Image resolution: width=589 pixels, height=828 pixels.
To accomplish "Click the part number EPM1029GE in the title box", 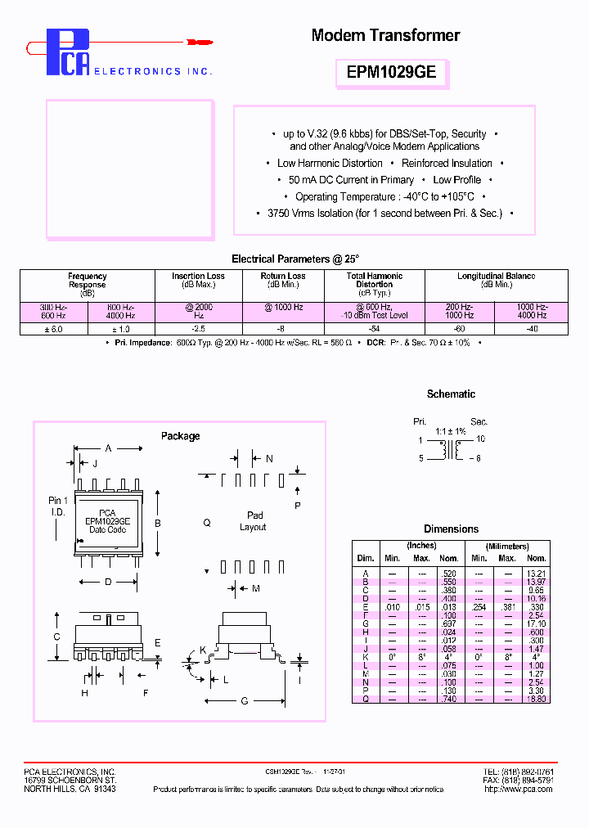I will coord(391,72).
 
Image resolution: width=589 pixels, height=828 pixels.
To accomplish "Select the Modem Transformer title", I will coord(385,35).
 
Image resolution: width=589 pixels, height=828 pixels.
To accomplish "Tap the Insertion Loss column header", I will coord(198,280).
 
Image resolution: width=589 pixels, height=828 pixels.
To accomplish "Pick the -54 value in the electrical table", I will coord(374,328).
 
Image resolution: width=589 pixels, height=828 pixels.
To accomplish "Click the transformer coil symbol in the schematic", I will coord(450,449).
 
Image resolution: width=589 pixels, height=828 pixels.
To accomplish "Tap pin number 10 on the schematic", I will coord(481,439).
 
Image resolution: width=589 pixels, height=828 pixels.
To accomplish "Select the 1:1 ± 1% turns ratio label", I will coord(450,430).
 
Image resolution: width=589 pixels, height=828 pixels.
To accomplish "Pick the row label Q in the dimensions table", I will coord(366,699).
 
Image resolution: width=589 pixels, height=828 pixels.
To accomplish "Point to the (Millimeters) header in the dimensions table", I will coord(506,546).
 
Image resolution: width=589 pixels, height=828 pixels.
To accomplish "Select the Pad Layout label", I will coord(254,521).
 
